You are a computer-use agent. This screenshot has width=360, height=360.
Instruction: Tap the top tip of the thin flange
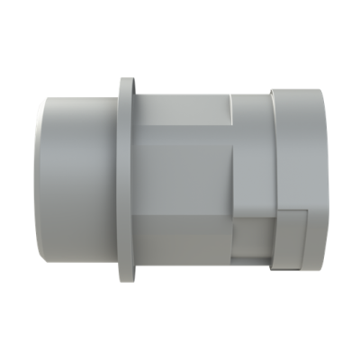tap(123, 79)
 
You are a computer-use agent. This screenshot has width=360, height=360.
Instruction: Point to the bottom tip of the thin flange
tap(123, 282)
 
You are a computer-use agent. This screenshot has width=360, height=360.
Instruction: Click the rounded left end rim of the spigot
tap(41, 180)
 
